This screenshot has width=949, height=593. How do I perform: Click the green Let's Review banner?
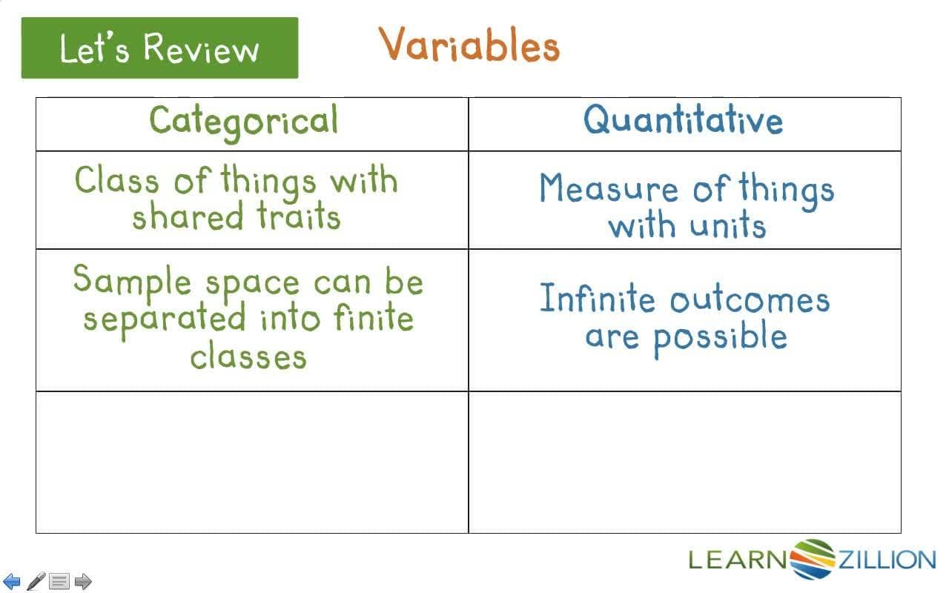pos(159,48)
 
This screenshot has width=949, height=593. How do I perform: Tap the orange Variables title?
pos(469,46)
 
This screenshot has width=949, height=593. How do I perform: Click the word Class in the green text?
pos(117,180)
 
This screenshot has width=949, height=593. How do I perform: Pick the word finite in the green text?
pos(373,319)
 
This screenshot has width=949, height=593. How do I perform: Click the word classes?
pos(248,357)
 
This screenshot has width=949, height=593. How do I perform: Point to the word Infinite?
pos(598,299)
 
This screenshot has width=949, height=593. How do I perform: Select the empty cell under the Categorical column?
pos(252,462)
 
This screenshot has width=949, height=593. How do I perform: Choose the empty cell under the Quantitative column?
pos(685,462)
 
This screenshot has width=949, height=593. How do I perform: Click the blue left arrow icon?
pos(13,581)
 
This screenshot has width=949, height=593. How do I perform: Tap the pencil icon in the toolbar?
pos(36,580)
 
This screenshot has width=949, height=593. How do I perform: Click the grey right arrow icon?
pos(83,581)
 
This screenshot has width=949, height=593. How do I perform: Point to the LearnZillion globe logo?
pos(813,559)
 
